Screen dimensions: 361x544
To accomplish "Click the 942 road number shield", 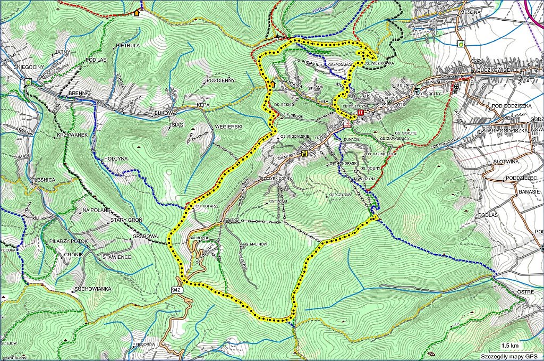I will click(177, 290).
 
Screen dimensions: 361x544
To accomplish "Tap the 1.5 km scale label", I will click(510, 345).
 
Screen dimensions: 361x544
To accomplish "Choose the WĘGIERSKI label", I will click(228, 126).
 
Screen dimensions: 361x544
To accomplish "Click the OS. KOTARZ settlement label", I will click(205, 206).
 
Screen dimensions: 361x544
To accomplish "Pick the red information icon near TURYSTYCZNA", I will click(361, 113).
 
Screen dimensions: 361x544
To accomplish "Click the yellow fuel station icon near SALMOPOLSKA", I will click(304, 154).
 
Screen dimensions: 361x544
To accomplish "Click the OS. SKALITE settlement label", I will click(406, 132).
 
